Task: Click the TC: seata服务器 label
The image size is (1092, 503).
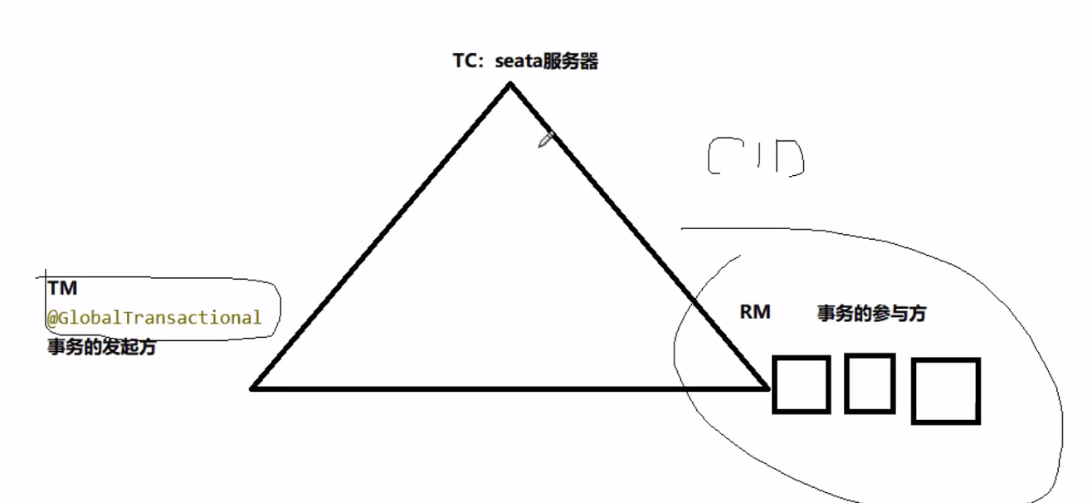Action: [524, 62]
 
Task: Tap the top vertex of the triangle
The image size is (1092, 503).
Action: [510, 84]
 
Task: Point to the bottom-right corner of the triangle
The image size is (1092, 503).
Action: [766, 387]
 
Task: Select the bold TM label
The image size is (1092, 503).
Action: [62, 289]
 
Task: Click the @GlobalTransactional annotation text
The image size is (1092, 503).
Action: [154, 317]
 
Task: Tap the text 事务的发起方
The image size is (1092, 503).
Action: [101, 348]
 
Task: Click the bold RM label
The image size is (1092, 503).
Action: [754, 312]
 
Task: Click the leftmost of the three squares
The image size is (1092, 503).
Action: [801, 384]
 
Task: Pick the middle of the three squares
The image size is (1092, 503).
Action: [869, 383]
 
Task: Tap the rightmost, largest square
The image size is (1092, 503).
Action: [945, 391]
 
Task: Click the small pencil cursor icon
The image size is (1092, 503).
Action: [545, 139]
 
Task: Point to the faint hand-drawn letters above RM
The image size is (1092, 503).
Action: [755, 158]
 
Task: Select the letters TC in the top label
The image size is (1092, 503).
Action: [462, 62]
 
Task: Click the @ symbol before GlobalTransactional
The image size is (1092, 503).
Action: [51, 318]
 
